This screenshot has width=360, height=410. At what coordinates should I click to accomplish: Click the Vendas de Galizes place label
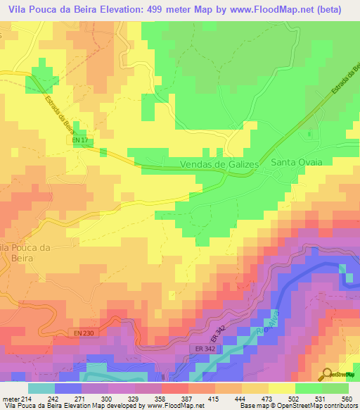pyautogui.click(x=220, y=163)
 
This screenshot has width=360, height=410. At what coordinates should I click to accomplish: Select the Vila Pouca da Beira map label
pyautogui.click(x=25, y=252)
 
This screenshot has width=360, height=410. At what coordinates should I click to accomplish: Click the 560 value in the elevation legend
pyautogui.click(x=345, y=399)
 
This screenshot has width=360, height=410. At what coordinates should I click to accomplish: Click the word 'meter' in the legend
pyautogui.click(x=10, y=399)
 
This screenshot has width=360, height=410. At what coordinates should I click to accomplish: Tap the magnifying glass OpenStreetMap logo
pyautogui.click(x=328, y=374)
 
